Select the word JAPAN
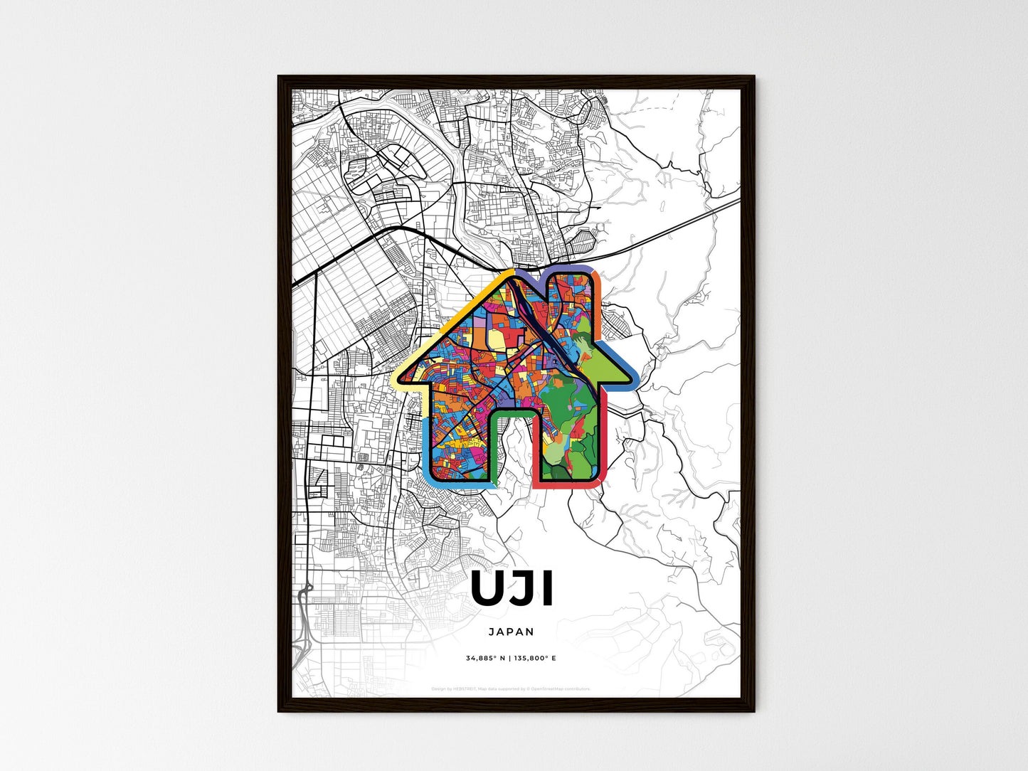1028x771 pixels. click(x=512, y=632)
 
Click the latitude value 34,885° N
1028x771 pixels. click(x=485, y=658)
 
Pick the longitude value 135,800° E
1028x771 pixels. click(x=535, y=658)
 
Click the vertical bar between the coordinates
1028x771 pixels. click(x=509, y=658)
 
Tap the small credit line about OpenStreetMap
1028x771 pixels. click(x=511, y=688)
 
